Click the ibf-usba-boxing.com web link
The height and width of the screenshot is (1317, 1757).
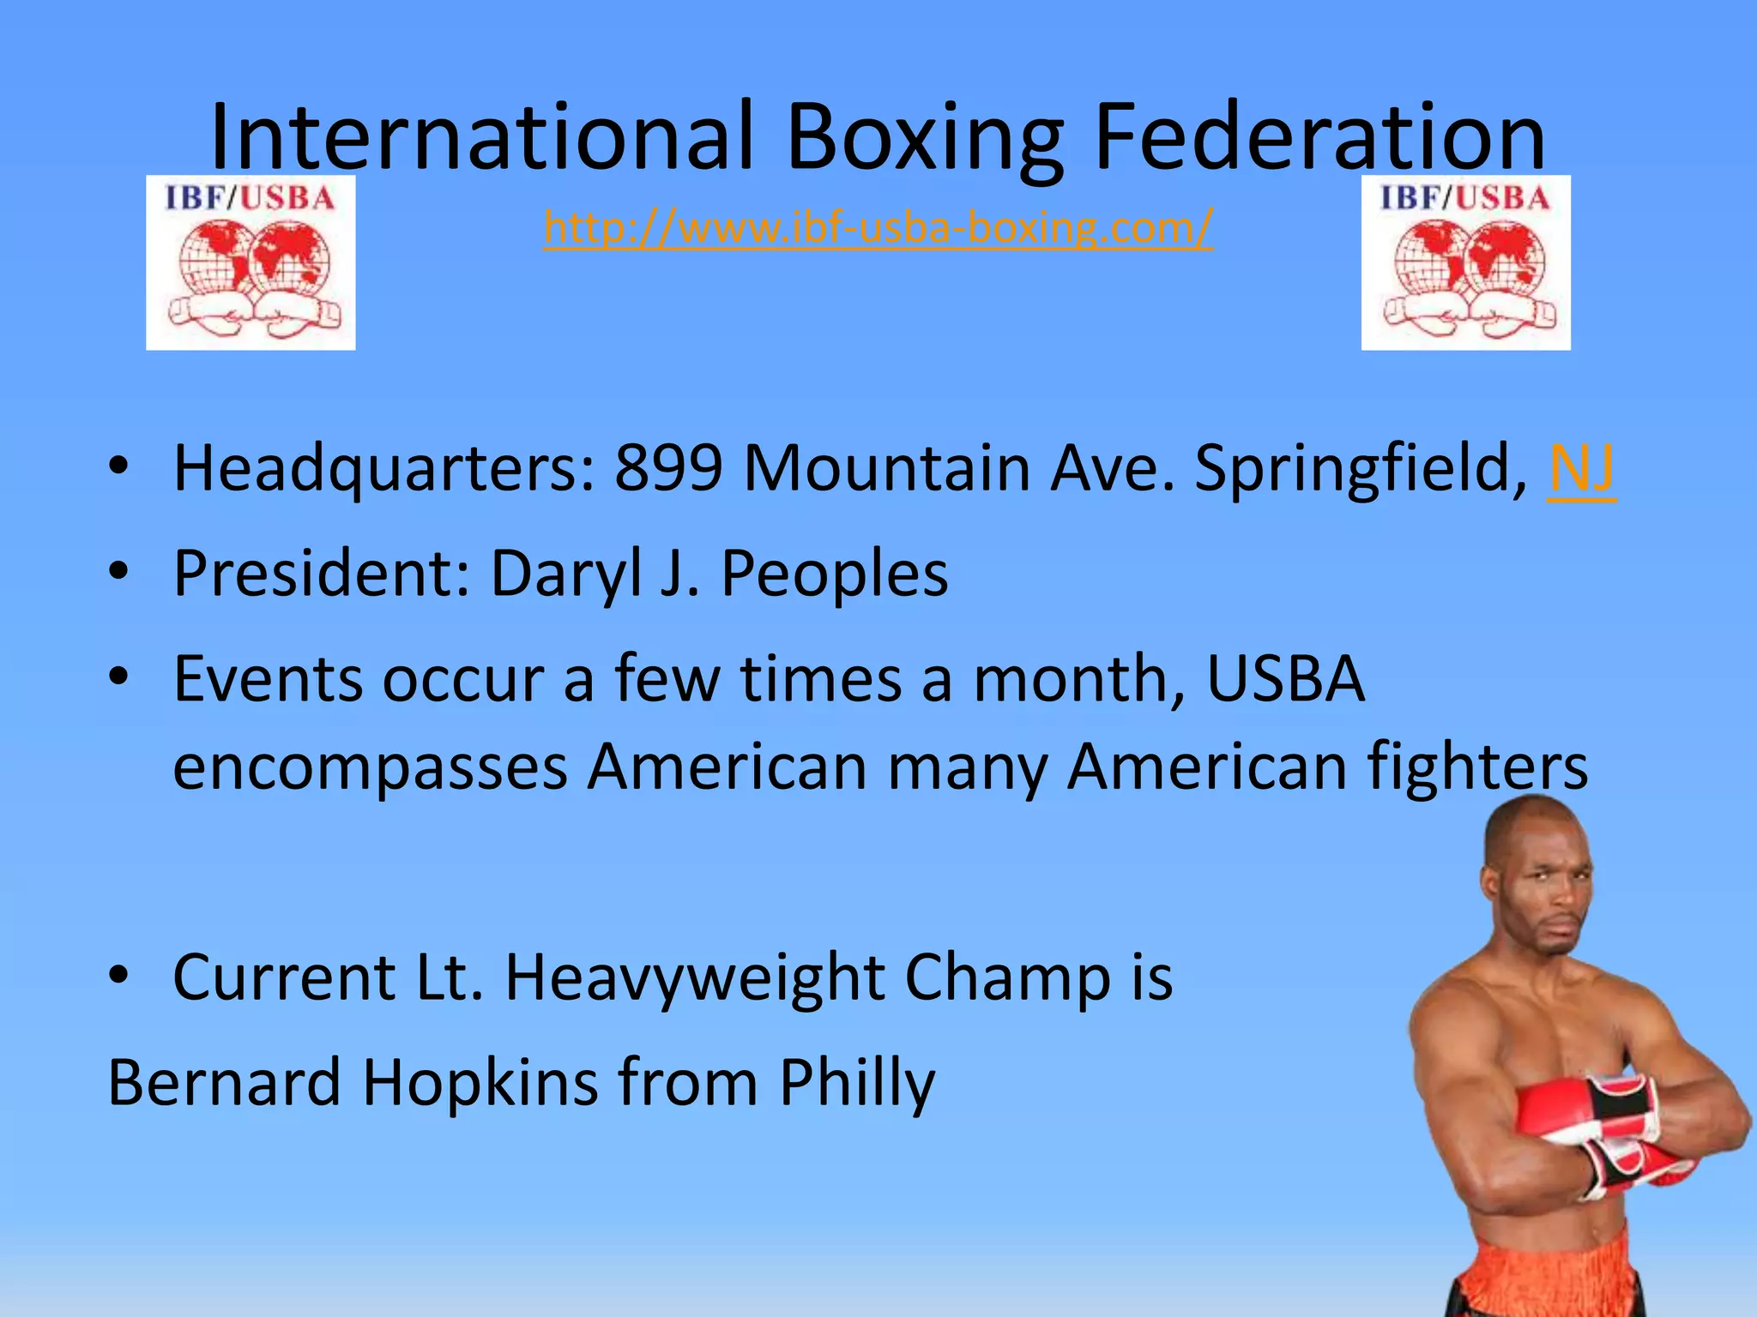click(878, 227)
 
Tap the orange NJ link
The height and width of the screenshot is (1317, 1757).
click(1581, 468)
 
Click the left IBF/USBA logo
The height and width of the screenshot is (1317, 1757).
click(251, 262)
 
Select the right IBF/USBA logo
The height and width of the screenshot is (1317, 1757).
click(1465, 262)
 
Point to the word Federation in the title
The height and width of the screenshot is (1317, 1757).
click(1319, 137)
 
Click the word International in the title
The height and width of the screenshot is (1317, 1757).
click(482, 137)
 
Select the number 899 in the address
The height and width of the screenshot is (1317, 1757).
click(668, 468)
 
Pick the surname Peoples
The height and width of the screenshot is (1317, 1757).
click(834, 574)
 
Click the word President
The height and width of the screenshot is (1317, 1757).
click(321, 573)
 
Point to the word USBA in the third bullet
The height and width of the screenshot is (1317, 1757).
click(1284, 679)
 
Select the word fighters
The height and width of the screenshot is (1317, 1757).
click(1476, 766)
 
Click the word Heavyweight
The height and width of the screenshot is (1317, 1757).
click(695, 978)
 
